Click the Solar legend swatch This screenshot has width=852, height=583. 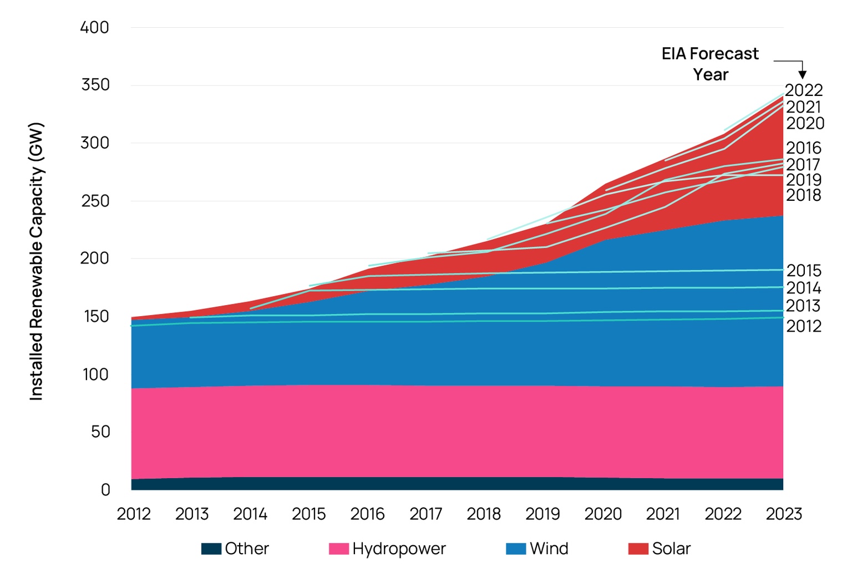(638, 549)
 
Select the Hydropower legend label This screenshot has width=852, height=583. (399, 549)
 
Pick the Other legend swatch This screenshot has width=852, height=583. (211, 549)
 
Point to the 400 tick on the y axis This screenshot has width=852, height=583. (94, 27)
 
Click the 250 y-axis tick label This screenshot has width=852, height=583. (95, 201)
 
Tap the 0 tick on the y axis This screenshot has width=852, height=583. (105, 490)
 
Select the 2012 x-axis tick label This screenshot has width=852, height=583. (134, 514)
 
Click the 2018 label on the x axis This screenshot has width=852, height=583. (484, 514)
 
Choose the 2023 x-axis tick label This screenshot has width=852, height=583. (784, 514)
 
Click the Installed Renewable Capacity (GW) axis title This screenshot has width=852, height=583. (36, 261)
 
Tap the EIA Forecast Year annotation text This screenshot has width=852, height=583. (710, 64)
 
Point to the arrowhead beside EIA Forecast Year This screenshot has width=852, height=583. (802, 74)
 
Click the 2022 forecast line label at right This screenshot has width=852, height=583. (804, 90)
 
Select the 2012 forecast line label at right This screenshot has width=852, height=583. (804, 326)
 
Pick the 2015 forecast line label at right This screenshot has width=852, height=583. (804, 271)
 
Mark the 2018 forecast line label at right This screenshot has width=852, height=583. (804, 195)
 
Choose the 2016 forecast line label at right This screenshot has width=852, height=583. (804, 148)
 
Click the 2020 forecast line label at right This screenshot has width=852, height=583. (805, 123)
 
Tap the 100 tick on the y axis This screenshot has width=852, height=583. (95, 374)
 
